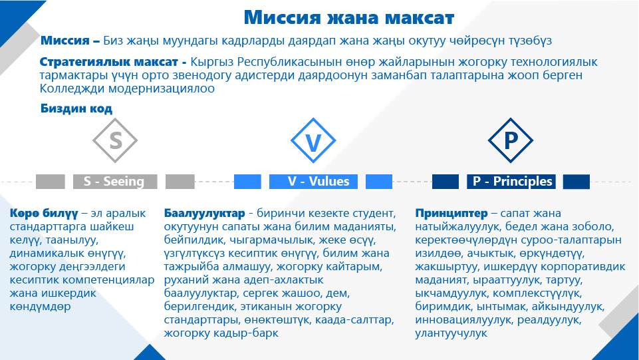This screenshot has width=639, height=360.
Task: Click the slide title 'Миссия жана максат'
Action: pos(349,17)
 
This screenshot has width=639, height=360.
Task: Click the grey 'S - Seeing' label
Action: pos(115,182)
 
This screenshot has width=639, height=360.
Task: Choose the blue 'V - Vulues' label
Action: pos(313,182)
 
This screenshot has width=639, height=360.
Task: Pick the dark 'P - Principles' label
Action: pos(511,182)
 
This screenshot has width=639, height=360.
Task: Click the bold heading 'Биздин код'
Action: pos(76,108)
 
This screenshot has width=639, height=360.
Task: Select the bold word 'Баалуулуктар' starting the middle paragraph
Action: pos(205,213)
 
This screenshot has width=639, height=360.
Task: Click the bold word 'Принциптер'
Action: pos(451,213)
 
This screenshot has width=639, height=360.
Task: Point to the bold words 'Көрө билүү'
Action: pos(44,213)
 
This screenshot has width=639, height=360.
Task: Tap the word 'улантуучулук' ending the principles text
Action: pos(451,333)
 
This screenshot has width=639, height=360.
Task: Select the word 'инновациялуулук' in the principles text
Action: pos(463,320)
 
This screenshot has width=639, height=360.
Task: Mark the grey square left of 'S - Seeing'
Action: pos(51,182)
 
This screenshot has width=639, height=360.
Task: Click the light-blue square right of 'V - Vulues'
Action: pos(379,182)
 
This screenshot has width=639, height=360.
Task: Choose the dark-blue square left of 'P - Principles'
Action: pos(446,182)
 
